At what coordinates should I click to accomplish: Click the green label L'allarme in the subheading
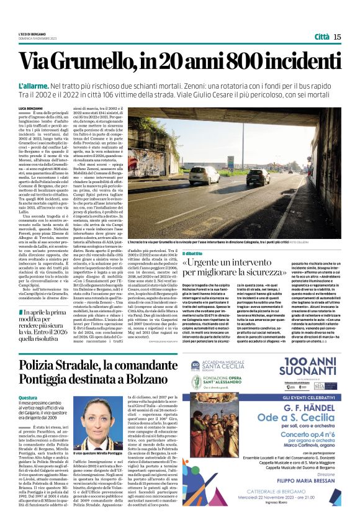[34, 84]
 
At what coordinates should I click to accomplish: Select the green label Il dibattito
[193, 253]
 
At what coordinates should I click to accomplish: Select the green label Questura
[29, 397]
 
